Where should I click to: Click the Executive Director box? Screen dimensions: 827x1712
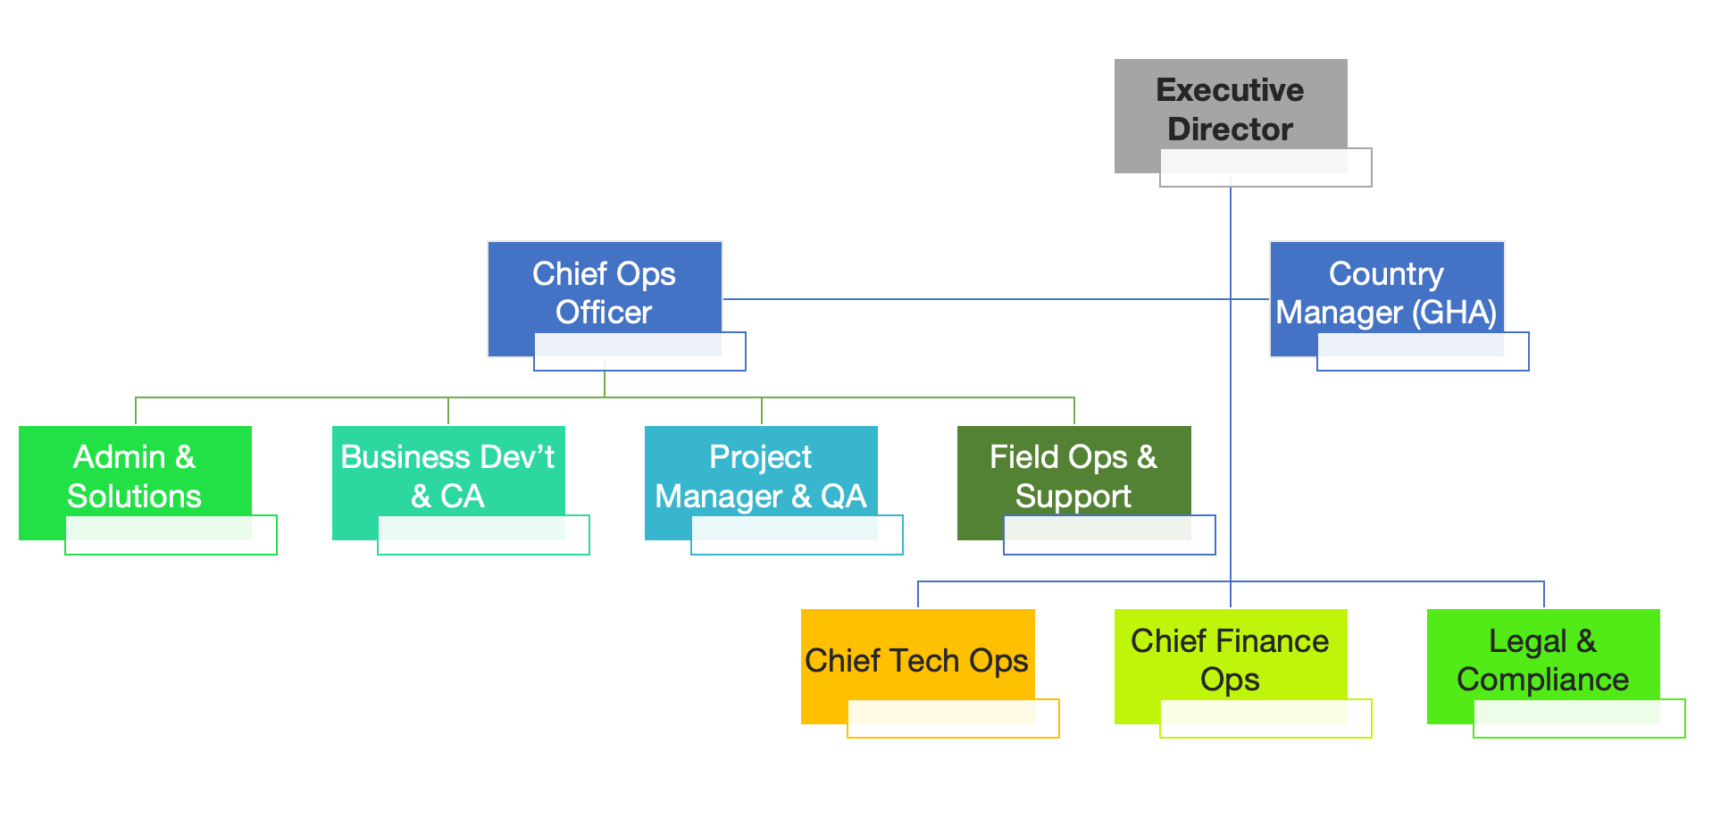[x=1230, y=98]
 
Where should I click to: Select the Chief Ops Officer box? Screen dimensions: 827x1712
[x=604, y=286]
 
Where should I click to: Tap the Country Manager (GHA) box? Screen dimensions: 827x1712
[x=1386, y=286]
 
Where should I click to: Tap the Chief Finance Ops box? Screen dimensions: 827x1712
[x=1230, y=652]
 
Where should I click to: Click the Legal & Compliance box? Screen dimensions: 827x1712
[x=1542, y=652]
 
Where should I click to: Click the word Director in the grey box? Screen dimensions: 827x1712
[x=1230, y=129]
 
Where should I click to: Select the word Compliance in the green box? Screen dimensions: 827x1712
[x=1542, y=680]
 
